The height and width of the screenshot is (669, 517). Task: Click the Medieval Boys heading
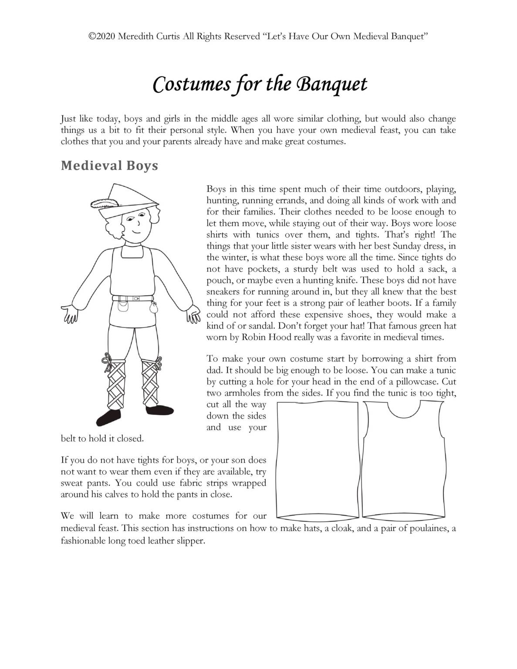(x=109, y=166)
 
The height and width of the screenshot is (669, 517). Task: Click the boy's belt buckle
(x=136, y=299)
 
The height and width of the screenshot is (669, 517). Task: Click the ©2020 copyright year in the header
(x=100, y=37)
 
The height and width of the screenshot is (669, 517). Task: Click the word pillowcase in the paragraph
(x=419, y=382)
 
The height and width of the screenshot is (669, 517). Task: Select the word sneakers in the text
(x=226, y=292)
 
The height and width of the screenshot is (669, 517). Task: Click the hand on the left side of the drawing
(x=70, y=313)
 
